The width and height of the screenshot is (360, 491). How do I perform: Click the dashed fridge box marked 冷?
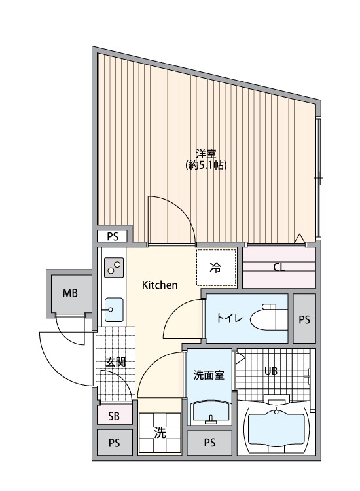pos(215,267)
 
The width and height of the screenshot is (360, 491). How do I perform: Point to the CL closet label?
pos(279,267)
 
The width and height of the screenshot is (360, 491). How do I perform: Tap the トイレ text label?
pos(230,319)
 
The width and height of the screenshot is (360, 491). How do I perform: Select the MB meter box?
pos(70,293)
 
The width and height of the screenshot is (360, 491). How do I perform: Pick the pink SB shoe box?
pos(113,415)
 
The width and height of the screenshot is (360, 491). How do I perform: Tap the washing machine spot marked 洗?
pos(159,433)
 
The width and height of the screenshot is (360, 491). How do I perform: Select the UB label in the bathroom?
pos(270,371)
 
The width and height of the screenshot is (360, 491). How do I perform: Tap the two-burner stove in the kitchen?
pos(114,266)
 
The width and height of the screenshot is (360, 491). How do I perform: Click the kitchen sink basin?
pos(114,308)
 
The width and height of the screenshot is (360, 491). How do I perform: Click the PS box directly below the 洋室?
pos(113,236)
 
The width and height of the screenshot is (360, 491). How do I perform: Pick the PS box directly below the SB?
pos(113,443)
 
